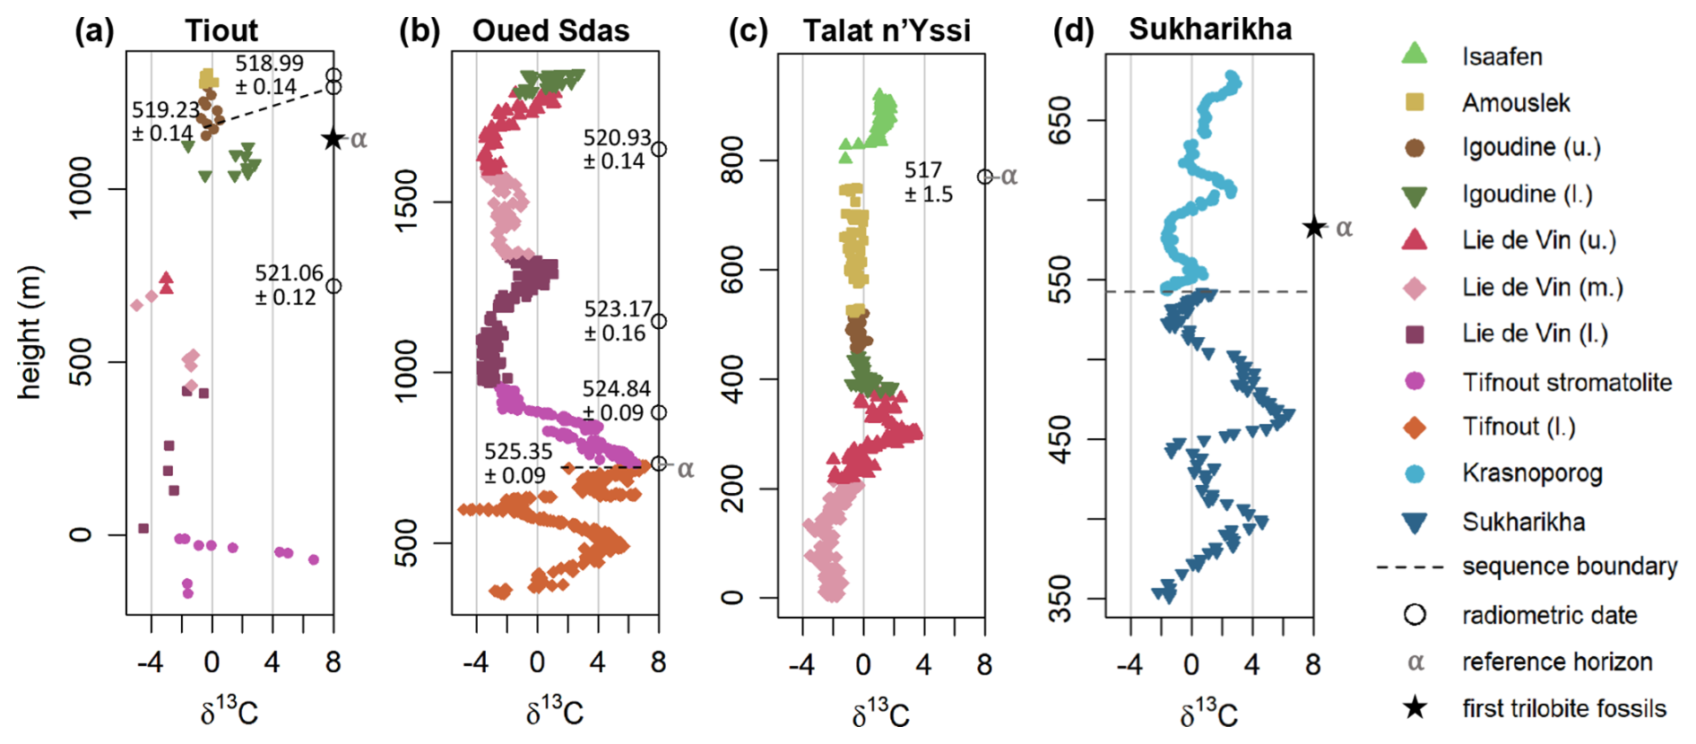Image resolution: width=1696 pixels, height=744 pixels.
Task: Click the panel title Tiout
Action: tap(221, 30)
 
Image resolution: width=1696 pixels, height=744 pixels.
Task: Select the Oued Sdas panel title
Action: tap(550, 30)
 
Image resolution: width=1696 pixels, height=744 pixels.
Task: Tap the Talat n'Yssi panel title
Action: tap(886, 30)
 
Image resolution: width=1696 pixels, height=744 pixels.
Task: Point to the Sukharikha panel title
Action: tap(1210, 29)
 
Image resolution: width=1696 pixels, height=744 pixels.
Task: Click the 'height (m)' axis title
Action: tap(29, 332)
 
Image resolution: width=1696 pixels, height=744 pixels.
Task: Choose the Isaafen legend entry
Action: tap(1501, 56)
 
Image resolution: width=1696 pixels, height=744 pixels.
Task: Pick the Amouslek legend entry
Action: tap(1515, 103)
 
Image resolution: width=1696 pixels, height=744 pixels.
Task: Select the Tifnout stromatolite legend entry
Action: tap(1566, 383)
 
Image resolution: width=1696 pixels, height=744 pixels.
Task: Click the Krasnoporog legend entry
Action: tap(1531, 473)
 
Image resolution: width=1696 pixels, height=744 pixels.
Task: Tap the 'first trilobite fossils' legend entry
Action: tap(1563, 708)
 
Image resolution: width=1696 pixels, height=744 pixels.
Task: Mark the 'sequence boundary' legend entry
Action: tap(1569, 567)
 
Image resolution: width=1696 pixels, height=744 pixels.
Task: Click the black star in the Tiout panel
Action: tap(333, 139)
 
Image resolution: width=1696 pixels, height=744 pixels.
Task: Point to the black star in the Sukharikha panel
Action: tap(1314, 228)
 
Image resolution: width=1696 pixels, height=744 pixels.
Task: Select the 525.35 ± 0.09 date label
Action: tap(516, 463)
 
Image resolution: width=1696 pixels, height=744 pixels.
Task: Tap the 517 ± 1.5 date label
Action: tap(928, 182)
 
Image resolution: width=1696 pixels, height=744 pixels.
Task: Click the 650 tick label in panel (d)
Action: tap(1060, 119)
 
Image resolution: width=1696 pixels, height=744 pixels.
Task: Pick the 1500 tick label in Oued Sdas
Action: tap(406, 201)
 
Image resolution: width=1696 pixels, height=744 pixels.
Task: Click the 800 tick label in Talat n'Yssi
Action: tap(732, 160)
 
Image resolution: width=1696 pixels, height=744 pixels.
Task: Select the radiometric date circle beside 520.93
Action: tap(659, 150)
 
